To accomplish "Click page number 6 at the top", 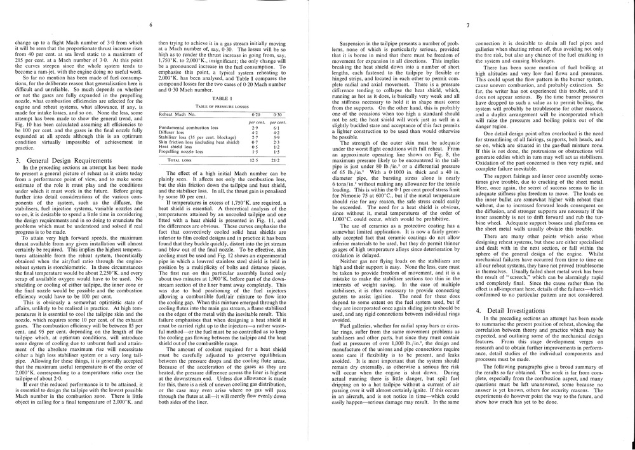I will point(152,25).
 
